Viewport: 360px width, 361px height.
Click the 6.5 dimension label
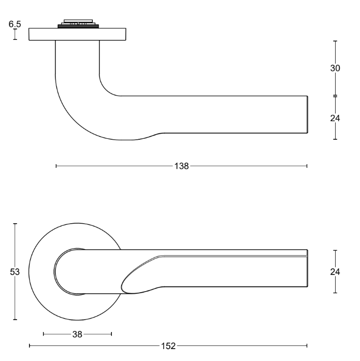(15, 24)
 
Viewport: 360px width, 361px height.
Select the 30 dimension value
(335, 68)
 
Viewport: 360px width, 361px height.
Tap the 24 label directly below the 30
(335, 118)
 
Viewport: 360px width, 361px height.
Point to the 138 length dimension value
(182, 166)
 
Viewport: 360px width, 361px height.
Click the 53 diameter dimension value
(15, 272)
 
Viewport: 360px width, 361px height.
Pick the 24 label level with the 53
(335, 272)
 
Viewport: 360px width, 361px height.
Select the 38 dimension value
(77, 334)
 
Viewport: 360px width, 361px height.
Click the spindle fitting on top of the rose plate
(77, 23)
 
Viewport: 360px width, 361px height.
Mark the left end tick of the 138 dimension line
(56, 166)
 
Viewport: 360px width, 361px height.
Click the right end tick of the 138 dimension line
(307, 166)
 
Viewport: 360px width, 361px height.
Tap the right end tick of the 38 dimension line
(111, 334)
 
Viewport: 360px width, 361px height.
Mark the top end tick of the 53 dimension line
(15, 224)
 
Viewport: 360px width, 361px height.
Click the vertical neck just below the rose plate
(77, 57)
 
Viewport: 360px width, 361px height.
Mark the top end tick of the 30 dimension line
(335, 41)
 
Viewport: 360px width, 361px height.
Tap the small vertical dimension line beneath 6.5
(15, 34)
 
